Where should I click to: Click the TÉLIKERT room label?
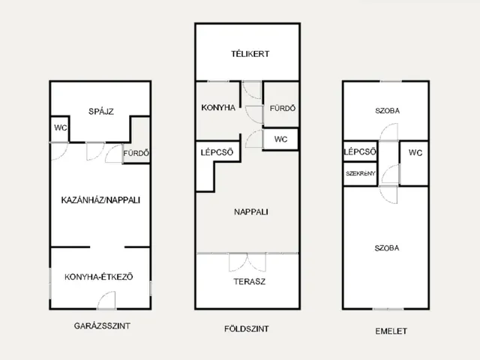coord(250,54)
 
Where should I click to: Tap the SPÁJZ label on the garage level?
coord(101,111)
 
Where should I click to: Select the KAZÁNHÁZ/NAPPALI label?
coord(100,200)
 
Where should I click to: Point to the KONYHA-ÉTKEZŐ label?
coord(99,277)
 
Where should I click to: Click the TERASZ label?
coord(249,281)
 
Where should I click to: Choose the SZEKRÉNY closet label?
coord(360,173)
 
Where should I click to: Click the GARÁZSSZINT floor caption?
coord(102,325)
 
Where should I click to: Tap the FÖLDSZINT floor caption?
coord(247,328)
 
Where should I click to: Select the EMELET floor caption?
coord(391,331)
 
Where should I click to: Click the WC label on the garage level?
coord(60,127)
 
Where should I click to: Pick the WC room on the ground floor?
coord(280,139)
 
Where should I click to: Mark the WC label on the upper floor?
coord(415,152)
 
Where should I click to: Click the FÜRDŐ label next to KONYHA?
coord(283,108)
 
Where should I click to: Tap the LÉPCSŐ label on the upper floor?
coord(360,151)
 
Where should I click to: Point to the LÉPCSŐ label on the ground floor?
coord(217,152)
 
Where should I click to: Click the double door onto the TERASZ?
coord(247,262)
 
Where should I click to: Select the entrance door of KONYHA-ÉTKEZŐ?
coord(106,300)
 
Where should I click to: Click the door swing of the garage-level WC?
coord(59,151)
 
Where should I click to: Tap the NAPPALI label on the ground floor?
coord(251,211)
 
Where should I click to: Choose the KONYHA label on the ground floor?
coord(218,108)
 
